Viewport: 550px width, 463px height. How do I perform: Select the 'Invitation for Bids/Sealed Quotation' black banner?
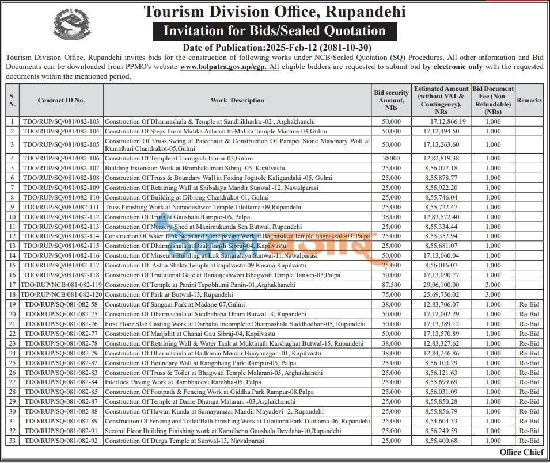[274, 31]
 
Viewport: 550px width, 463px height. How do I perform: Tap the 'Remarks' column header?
[529, 100]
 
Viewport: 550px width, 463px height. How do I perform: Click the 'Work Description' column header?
[237, 100]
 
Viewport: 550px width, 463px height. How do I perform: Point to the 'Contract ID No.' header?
[61, 100]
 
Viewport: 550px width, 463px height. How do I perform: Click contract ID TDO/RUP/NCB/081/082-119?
[61, 285]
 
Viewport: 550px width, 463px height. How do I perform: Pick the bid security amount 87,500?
[391, 285]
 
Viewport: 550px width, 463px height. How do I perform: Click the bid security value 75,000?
[391, 294]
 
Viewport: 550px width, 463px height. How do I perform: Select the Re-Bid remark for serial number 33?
[529, 441]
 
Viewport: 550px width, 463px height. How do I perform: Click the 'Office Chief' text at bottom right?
[521, 452]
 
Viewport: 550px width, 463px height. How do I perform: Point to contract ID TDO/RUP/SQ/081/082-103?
[61, 121]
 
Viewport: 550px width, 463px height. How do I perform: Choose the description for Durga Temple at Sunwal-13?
[184, 441]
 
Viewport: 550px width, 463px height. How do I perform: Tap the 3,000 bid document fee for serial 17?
[493, 285]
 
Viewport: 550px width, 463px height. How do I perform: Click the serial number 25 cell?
[12, 363]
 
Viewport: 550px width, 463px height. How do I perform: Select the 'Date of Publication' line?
[277, 47]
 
